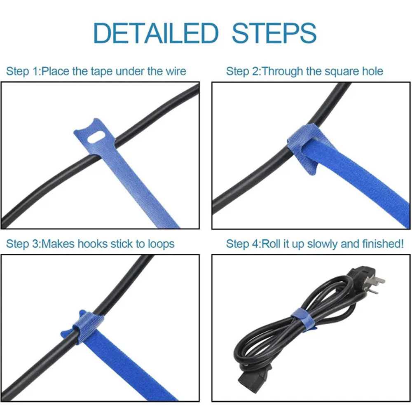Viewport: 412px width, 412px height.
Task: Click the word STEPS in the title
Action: pos(274,33)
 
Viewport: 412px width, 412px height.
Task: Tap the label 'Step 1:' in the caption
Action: pos(23,71)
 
